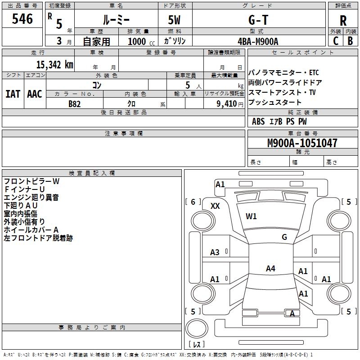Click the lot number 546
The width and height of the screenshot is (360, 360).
click(x=22, y=19)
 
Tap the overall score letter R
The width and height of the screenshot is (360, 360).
click(x=343, y=21)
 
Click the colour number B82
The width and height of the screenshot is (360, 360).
click(x=74, y=103)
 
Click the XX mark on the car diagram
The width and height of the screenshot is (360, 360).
click(x=215, y=206)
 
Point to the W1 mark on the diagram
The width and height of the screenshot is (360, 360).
click(x=251, y=216)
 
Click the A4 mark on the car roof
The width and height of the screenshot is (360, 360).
click(x=270, y=269)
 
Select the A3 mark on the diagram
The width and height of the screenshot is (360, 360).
click(x=215, y=252)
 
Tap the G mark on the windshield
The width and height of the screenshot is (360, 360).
click(x=284, y=237)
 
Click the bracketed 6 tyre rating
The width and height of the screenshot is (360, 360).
click(x=193, y=202)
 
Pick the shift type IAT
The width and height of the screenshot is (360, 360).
click(x=12, y=94)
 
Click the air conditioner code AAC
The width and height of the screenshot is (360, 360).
click(x=34, y=94)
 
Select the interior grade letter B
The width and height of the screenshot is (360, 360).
click(x=350, y=41)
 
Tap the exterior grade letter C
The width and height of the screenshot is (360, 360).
click(x=336, y=41)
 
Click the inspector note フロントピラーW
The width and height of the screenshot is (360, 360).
click(x=31, y=181)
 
